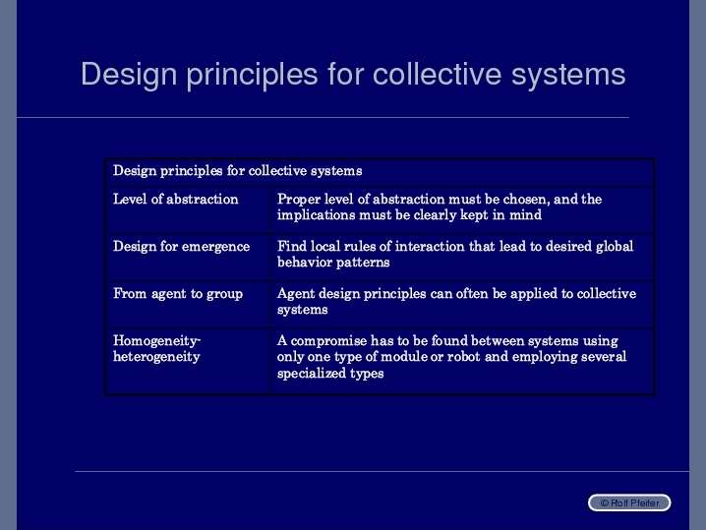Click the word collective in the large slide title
(437, 74)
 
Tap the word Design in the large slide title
(129, 75)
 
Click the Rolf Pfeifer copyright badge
(629, 503)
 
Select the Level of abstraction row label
(176, 199)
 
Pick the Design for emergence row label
(182, 246)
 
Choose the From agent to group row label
(178, 294)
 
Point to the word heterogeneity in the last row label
(156, 357)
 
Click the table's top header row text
(238, 171)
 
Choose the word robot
(464, 357)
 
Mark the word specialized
(311, 374)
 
